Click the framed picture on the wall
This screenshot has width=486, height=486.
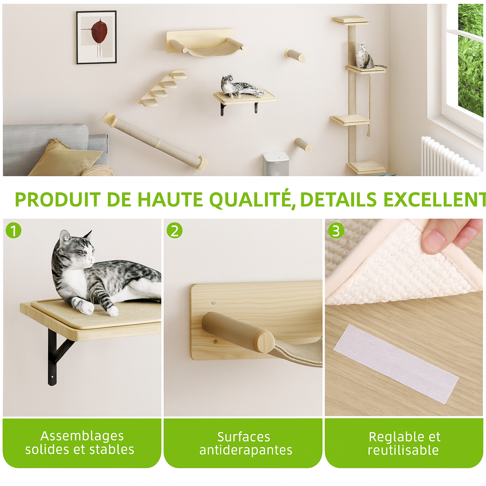pos(96,37)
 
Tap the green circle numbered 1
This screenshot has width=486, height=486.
pos(13,230)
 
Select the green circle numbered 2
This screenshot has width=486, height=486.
pos(175,230)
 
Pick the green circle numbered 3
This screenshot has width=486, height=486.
pos(336,230)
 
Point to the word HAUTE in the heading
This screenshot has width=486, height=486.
pos(170,199)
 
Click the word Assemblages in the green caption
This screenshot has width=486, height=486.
pos(82,436)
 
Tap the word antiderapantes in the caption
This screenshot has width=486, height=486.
pos(246,450)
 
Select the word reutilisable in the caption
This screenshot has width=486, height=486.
pos(403,450)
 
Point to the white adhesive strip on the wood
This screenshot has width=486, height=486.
pos(395,364)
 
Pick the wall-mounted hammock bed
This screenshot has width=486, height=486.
pos(205,43)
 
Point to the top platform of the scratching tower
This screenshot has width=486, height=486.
pos(351,20)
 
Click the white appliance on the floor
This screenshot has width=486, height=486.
pos(276,164)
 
